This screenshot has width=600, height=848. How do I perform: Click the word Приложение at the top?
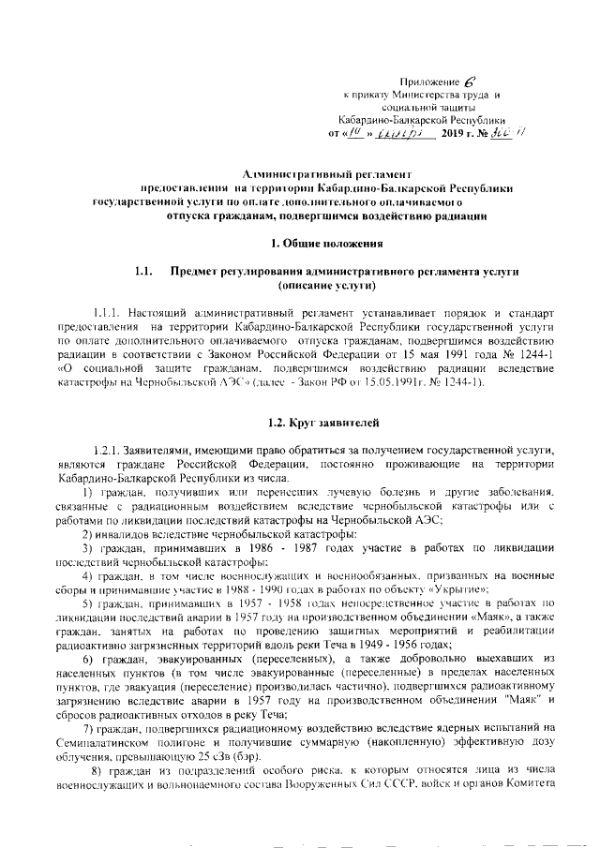(x=424, y=82)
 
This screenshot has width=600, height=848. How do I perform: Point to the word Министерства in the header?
(x=423, y=96)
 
